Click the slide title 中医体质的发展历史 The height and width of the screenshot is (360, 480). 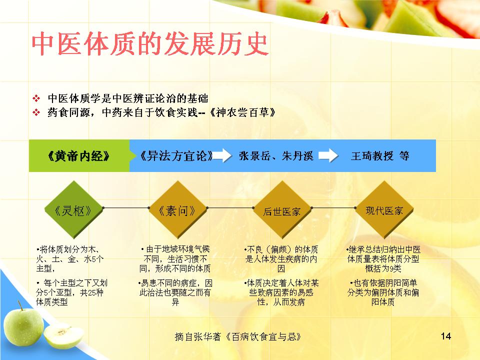150,44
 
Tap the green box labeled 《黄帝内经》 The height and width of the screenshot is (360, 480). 79,156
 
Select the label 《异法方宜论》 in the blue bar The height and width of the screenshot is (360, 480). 176,156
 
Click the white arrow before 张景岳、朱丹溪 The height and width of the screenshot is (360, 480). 222,155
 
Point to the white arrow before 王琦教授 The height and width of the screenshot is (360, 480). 328,155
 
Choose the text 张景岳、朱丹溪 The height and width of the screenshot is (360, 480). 276,156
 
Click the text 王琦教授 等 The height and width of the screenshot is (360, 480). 380,156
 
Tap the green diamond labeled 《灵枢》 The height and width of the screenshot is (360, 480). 73,209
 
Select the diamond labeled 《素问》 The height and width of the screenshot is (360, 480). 177,209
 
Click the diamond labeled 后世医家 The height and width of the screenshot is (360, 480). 282,209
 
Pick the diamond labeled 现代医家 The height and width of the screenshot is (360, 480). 384,209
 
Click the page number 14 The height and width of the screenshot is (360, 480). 445,336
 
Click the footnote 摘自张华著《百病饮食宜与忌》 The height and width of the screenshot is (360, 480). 238,336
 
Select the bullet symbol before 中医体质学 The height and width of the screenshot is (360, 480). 36,98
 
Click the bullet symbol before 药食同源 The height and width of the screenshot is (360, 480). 36,112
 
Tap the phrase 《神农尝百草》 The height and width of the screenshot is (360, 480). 242,112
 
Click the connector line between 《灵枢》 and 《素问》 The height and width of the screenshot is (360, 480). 126,208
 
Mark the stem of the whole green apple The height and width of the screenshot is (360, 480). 20,305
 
